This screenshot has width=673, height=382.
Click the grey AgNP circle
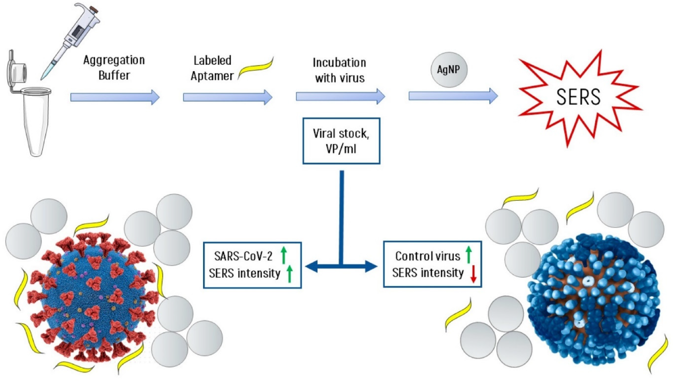[449, 69]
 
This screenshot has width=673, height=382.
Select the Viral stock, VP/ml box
[341, 141]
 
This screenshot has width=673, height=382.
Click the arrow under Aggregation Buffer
[115, 97]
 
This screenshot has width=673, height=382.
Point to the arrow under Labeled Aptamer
[227, 97]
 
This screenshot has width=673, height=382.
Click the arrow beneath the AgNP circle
[453, 96]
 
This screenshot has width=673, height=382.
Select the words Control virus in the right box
[427, 256]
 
